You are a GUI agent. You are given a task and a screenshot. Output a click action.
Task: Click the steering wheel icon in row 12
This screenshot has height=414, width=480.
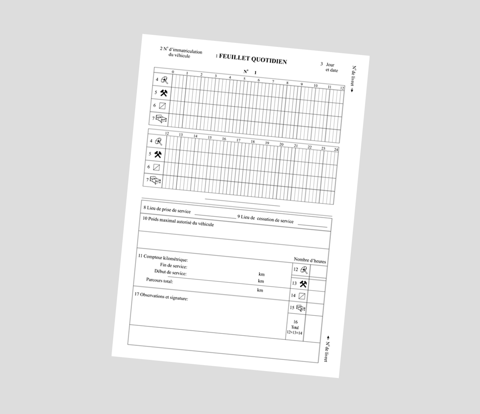tap(304, 271)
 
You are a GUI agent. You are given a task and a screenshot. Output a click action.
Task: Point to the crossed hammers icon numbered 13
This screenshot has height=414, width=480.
tap(303, 284)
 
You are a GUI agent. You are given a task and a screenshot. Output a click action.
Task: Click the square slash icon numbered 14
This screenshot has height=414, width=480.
tap(302, 296)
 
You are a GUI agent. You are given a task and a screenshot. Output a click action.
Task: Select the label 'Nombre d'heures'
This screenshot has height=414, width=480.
tap(310, 261)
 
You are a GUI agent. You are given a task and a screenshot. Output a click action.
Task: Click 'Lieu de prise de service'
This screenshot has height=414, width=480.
tap(167, 210)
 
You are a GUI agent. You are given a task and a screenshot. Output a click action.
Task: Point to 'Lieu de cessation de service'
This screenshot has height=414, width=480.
tap(266, 219)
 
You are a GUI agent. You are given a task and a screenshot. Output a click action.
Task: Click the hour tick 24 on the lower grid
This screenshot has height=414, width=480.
tap(336, 149)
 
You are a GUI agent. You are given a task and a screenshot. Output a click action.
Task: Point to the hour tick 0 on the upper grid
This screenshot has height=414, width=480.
tap(173, 72)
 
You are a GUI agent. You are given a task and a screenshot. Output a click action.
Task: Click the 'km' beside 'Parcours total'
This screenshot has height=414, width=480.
tap(260, 290)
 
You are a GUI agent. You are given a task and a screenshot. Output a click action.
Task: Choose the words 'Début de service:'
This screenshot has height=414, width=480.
tap(170, 273)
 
